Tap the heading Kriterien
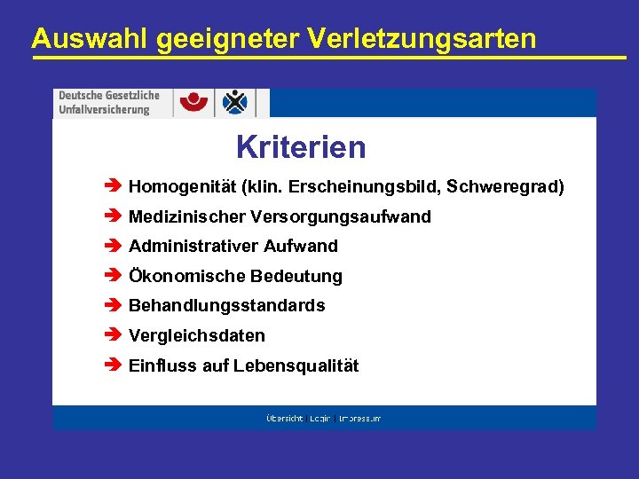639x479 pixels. click(x=300, y=146)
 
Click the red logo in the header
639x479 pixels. click(x=194, y=102)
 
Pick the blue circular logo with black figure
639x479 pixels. click(x=235, y=102)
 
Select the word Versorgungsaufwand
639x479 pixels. click(x=341, y=217)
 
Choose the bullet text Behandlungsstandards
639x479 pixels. click(x=226, y=306)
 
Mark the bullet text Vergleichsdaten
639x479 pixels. click(x=196, y=336)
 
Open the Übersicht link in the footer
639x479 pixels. click(x=284, y=418)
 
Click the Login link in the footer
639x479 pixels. click(x=319, y=418)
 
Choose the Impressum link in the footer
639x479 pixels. click(x=359, y=418)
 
